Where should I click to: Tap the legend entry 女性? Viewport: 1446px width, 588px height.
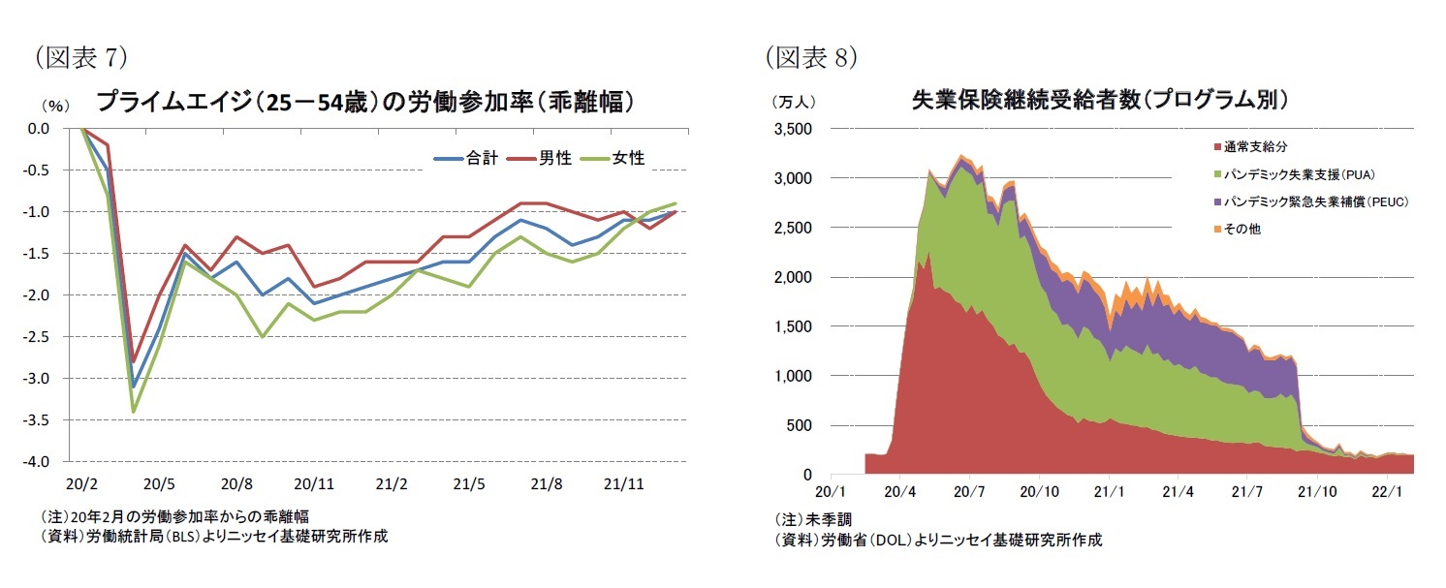point(628,158)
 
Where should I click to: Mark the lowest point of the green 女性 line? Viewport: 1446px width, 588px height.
point(134,412)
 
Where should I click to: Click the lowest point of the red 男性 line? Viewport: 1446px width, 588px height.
point(134,361)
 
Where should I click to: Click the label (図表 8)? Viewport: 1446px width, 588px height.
point(810,58)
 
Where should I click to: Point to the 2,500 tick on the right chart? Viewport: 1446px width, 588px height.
point(794,229)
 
